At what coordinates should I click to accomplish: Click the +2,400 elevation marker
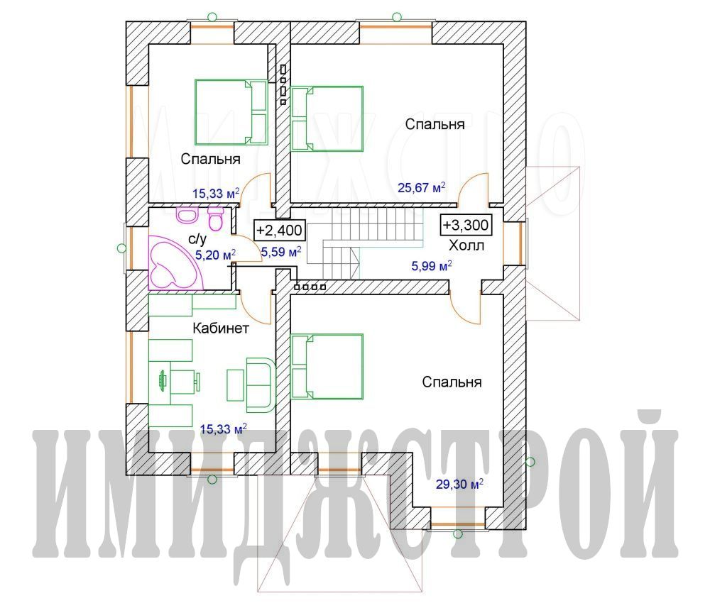click(x=279, y=231)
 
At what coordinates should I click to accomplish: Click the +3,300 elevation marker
click(x=466, y=225)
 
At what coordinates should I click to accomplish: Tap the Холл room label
click(x=466, y=245)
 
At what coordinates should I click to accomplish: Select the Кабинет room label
click(x=221, y=328)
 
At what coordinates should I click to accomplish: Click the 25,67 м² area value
click(x=422, y=187)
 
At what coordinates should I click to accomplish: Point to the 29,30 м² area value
click(x=459, y=485)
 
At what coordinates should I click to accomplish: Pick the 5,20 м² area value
click(x=215, y=255)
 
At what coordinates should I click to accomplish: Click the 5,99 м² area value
click(x=432, y=266)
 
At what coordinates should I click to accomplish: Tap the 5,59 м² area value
click(x=281, y=252)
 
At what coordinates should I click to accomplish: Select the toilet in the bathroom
click(x=215, y=218)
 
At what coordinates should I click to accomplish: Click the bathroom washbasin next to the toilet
click(x=187, y=214)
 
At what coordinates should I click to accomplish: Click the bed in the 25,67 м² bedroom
click(x=327, y=118)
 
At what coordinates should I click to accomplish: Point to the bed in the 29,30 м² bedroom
click(x=327, y=367)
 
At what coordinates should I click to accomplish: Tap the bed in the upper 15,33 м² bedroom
click(x=231, y=112)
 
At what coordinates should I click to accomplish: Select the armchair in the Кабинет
click(x=261, y=385)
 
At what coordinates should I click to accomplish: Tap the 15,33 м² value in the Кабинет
click(x=223, y=429)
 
